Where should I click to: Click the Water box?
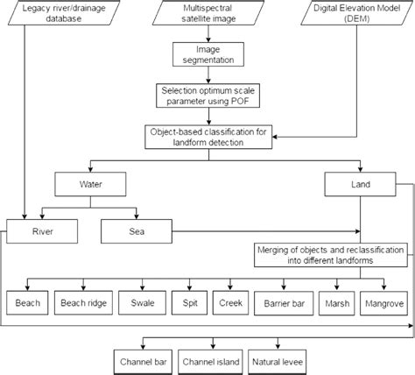coord(93,186)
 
